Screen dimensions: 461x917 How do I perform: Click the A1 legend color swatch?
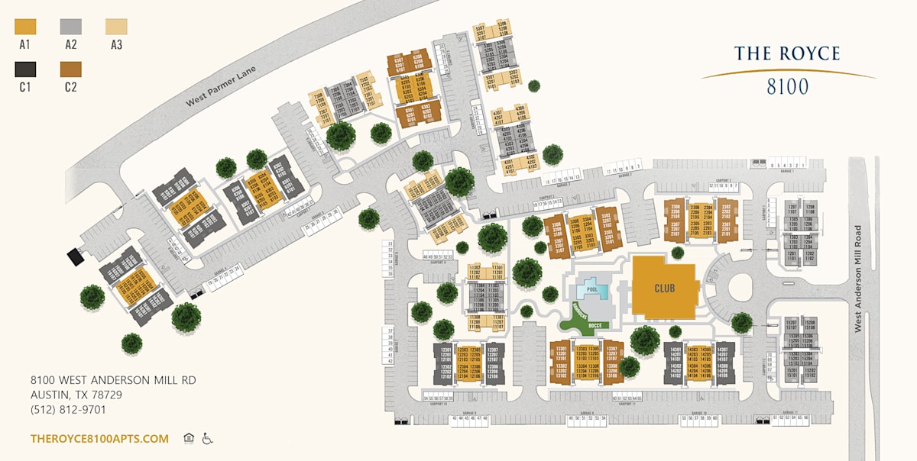coord(25,27)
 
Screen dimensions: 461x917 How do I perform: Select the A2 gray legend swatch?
coord(71,27)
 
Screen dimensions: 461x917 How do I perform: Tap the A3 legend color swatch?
coord(116,27)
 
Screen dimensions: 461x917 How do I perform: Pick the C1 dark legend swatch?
coord(25,69)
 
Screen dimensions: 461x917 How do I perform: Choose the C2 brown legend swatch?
coord(71,69)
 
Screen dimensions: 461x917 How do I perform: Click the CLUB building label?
coord(665,289)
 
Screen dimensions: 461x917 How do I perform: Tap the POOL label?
coord(591,290)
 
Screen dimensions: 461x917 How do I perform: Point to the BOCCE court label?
coord(596,326)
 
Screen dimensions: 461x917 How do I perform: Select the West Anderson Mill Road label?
coord(857,278)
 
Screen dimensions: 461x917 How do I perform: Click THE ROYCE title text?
coord(787,53)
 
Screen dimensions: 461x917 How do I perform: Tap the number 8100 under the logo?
coord(787,86)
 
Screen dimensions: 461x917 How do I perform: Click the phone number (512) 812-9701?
coord(69,410)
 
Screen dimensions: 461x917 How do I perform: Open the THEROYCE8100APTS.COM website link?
coord(99,439)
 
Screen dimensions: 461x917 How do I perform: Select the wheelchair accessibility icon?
coord(206,438)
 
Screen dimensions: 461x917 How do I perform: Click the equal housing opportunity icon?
coord(189,438)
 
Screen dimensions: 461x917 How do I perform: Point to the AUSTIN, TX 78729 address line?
coord(76,395)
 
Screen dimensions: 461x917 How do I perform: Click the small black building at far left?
coord(76,256)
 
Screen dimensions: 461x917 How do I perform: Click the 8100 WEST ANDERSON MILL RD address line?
coord(113,380)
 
